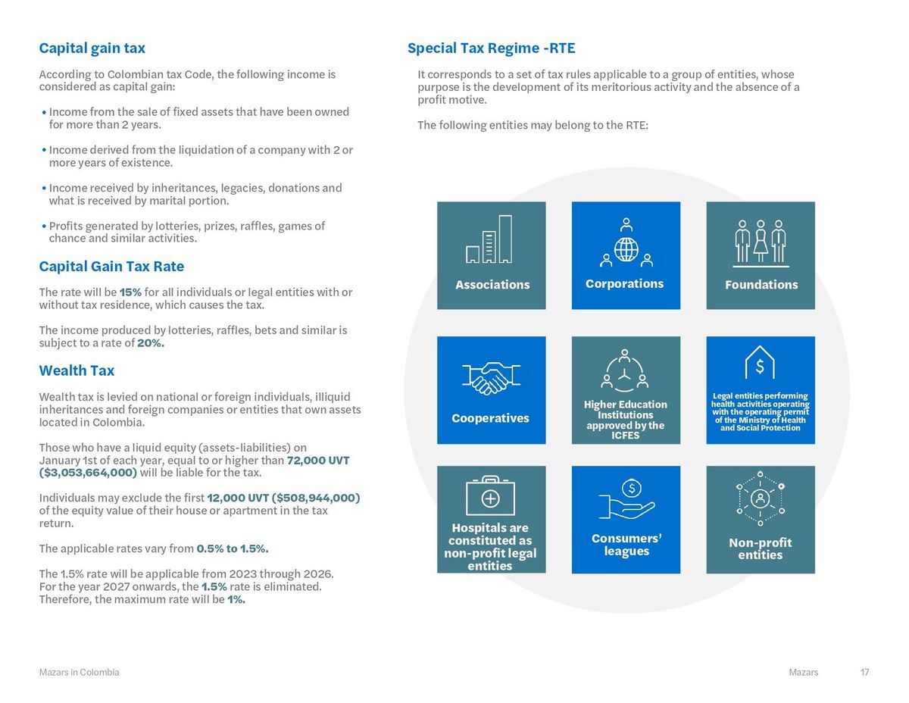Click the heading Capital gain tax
click(x=92, y=48)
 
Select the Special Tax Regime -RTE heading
click(x=491, y=48)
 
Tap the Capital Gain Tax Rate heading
click(x=111, y=267)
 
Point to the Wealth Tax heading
click(x=77, y=370)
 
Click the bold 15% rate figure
click(x=130, y=292)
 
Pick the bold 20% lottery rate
click(x=151, y=343)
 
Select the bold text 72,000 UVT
click(x=318, y=461)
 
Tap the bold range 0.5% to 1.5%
click(x=233, y=548)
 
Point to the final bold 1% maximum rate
click(x=236, y=599)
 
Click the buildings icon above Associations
click(x=489, y=240)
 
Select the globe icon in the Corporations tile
click(x=626, y=248)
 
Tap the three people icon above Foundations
click(x=761, y=242)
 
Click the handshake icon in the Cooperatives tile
click(x=491, y=377)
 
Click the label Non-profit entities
click(x=760, y=548)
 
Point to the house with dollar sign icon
click(x=760, y=363)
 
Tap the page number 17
click(x=864, y=673)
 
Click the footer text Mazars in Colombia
click(x=79, y=673)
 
